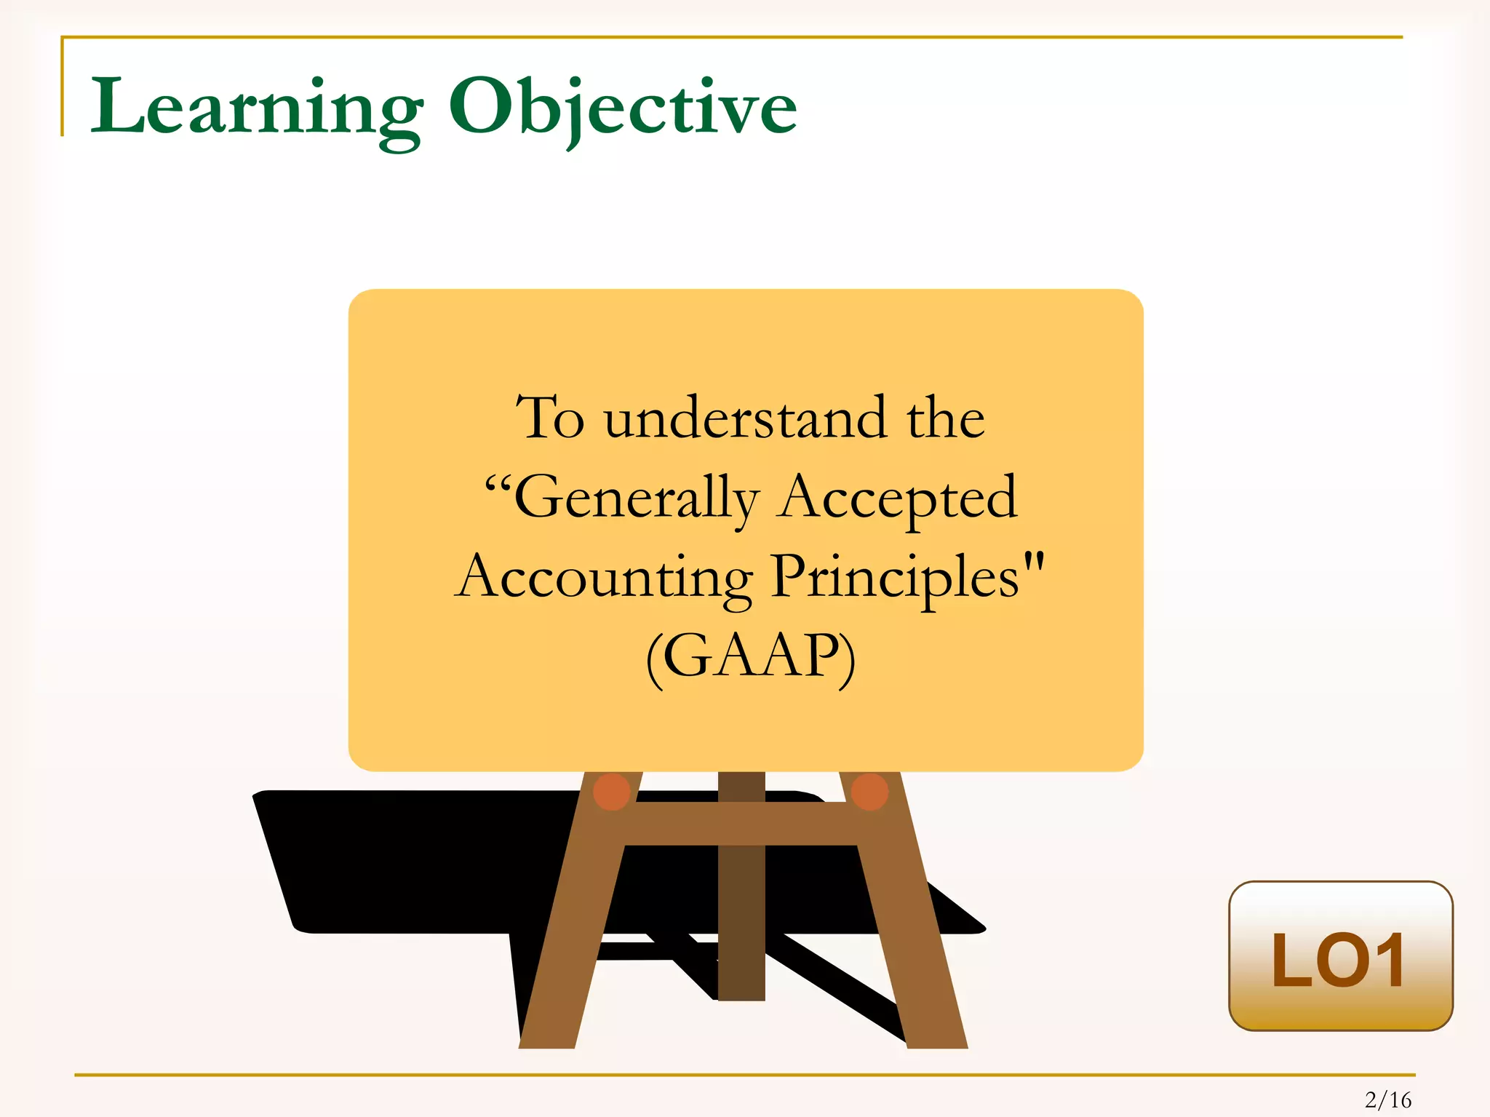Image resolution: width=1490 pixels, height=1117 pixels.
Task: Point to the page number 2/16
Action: [x=1388, y=1100]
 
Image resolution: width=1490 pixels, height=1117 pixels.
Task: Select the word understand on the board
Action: [x=746, y=419]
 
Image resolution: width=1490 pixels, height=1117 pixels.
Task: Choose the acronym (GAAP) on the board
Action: [x=750, y=656]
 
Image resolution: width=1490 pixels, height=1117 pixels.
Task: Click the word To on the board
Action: [x=550, y=419]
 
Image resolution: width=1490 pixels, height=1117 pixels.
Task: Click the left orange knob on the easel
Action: [x=612, y=792]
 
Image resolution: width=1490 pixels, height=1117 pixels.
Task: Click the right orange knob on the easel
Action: [x=869, y=792]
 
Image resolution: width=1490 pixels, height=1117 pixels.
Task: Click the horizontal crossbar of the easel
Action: [x=741, y=823]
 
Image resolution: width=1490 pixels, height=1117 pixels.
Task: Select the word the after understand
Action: [x=945, y=419]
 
